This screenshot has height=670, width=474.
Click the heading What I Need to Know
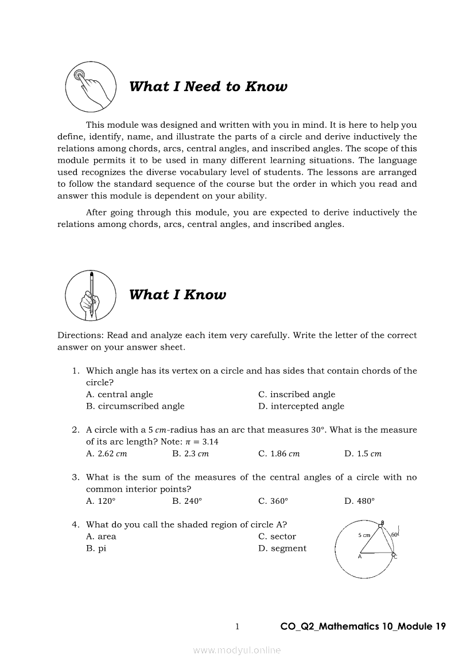pos(208,87)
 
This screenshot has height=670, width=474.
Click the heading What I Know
pos(177,295)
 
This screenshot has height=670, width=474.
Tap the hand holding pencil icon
pos(91,295)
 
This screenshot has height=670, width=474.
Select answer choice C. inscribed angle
pos(297,394)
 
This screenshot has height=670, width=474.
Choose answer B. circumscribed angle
pos(135,406)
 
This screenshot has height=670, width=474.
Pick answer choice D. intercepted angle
pos(301,406)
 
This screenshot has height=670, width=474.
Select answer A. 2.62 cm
pos(106,454)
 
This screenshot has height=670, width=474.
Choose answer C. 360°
pos(273,501)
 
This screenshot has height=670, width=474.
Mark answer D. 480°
pos(359,501)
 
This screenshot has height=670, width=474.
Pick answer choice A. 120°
pos(100,501)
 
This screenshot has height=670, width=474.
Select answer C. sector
pos(277,537)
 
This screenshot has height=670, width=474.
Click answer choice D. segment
pos(282,548)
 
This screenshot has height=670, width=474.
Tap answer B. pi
pos(96,548)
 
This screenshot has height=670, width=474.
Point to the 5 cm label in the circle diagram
pos(364,535)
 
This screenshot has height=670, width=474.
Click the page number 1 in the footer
pos(237,626)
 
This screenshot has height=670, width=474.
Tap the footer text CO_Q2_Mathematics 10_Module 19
pos(363,626)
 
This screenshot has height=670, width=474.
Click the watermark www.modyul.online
pos(237,651)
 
